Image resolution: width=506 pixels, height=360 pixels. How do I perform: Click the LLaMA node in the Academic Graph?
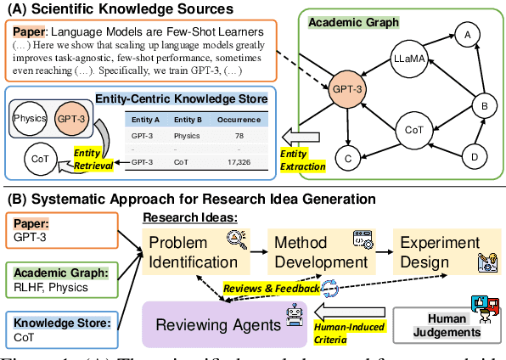pyautogui.click(x=408, y=60)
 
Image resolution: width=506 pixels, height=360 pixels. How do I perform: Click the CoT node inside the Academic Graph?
pyautogui.click(x=413, y=132)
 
